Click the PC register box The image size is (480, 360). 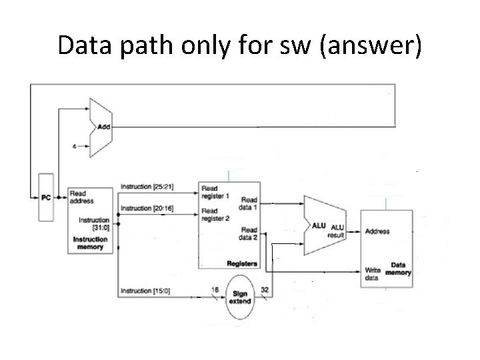click(x=45, y=197)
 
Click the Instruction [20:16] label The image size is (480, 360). click(x=147, y=208)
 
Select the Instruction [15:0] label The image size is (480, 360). click(x=145, y=291)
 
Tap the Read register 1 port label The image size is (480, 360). click(x=215, y=193)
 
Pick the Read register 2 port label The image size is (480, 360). click(x=215, y=215)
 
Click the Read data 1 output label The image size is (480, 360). click(x=249, y=202)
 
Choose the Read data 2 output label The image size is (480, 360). click(x=249, y=233)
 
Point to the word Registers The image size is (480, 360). click(x=242, y=264)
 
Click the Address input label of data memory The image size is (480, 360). click(x=377, y=231)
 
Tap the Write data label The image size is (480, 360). click(x=373, y=274)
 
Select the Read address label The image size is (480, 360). click(x=81, y=197)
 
